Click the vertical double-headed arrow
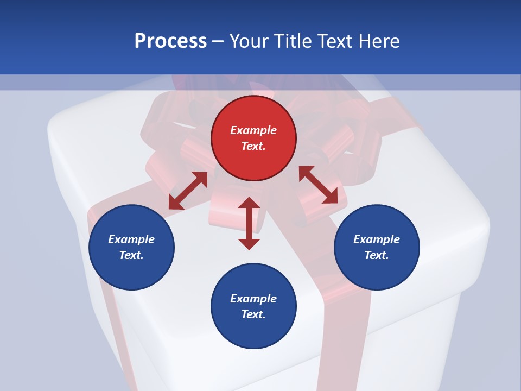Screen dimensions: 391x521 click(x=249, y=223)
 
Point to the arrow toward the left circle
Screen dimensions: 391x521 click(x=188, y=191)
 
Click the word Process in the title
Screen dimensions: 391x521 click(x=170, y=41)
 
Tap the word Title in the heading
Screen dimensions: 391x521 click(x=293, y=41)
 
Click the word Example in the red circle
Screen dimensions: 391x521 click(x=253, y=130)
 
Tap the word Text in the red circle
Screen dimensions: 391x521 click(x=253, y=146)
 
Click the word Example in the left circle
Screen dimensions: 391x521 click(x=131, y=239)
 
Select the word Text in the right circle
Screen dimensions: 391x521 click(x=377, y=255)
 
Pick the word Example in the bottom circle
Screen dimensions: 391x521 click(x=253, y=299)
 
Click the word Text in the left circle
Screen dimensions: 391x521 click(x=131, y=255)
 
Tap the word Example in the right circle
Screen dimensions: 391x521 click(x=377, y=239)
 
